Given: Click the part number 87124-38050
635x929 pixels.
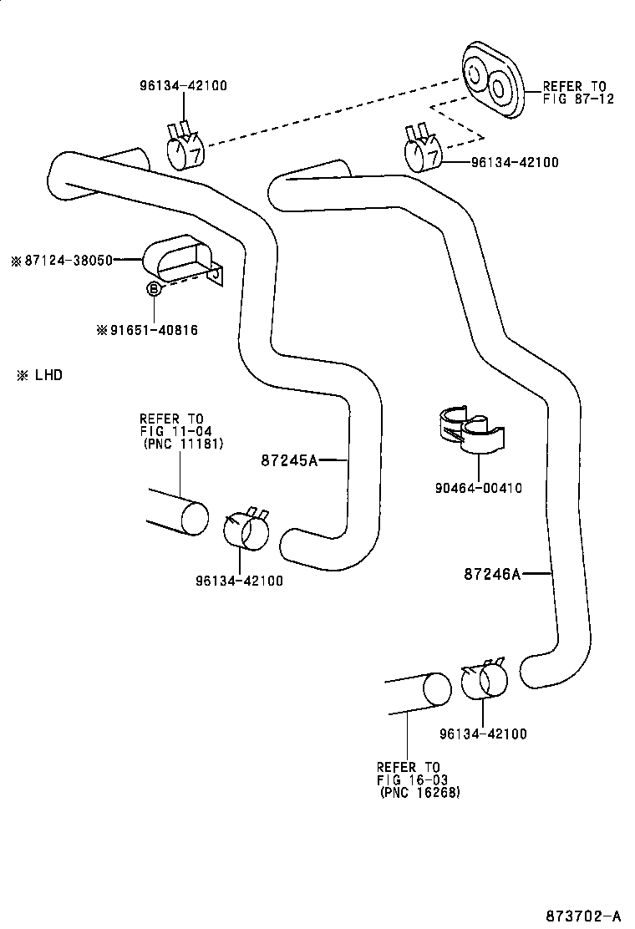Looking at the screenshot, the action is (x=69, y=260).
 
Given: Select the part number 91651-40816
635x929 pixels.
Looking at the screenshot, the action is (x=154, y=330).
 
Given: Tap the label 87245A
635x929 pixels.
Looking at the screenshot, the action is (x=289, y=460).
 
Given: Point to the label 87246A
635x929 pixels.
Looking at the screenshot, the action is (x=492, y=573).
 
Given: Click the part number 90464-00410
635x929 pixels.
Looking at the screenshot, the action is (x=479, y=488).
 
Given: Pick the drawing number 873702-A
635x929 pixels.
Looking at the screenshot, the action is (x=583, y=916).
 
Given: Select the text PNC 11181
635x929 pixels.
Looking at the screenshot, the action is (x=184, y=444).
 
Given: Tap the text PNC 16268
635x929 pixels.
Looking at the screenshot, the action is (x=419, y=792).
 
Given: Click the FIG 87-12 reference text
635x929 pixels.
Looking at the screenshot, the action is (x=579, y=99).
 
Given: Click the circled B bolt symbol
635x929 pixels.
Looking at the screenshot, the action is (x=154, y=288).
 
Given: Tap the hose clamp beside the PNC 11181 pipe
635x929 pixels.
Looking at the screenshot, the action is (x=246, y=529).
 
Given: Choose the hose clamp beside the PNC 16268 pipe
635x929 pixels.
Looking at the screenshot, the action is (x=484, y=679).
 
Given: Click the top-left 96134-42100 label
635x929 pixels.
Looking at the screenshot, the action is (x=184, y=85).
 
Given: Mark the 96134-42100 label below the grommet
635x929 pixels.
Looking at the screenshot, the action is (x=515, y=162).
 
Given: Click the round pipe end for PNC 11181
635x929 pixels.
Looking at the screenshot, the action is (x=195, y=518).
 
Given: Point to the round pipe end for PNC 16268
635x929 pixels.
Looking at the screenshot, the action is (x=436, y=688).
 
